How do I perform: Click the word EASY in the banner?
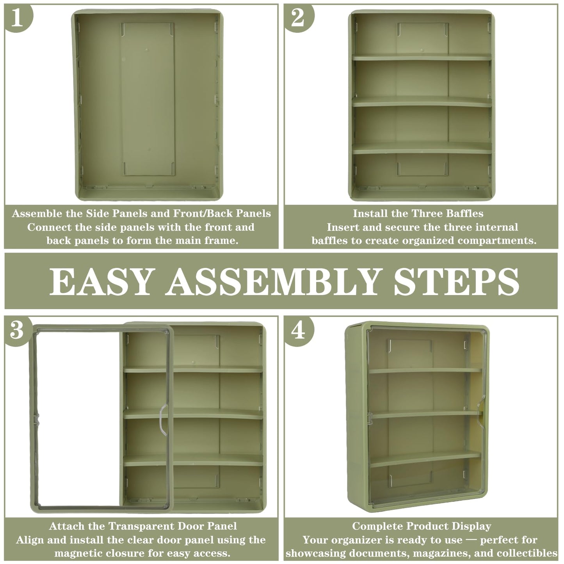point(102,281)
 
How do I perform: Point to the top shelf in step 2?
point(422,57)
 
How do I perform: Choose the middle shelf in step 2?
point(422,101)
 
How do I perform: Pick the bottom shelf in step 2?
point(422,148)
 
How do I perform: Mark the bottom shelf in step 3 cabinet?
point(193,460)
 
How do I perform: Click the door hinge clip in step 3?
point(36,419)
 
